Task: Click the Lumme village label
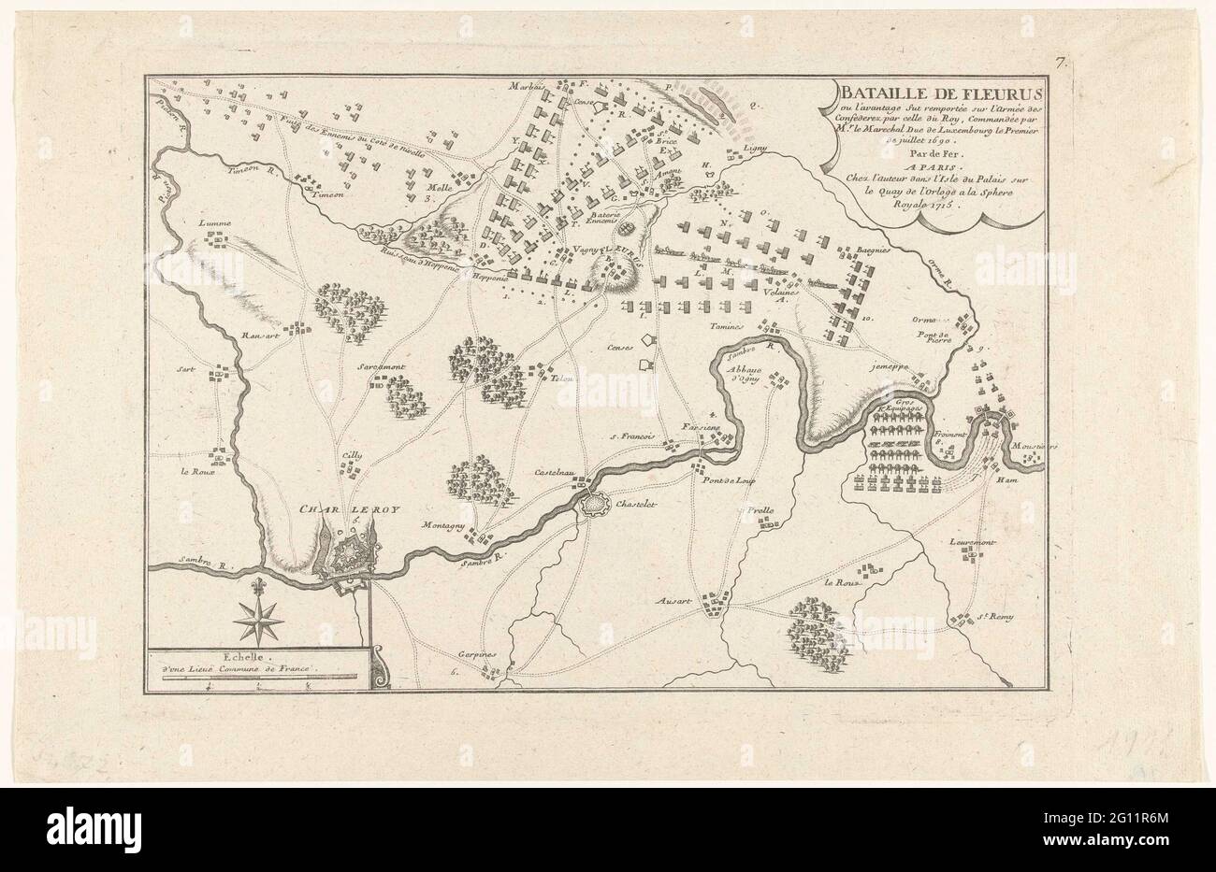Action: [214, 224]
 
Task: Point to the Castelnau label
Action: [555, 476]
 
